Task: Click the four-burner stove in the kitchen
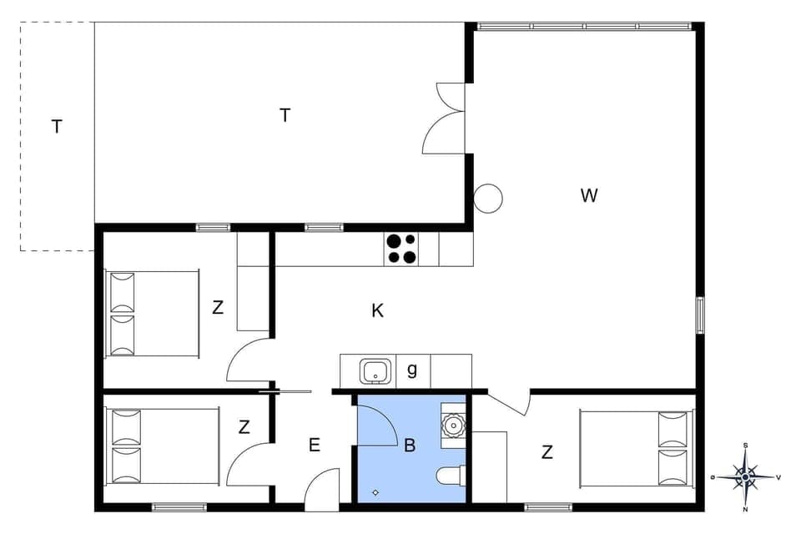[x=400, y=249]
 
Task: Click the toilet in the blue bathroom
[x=449, y=476]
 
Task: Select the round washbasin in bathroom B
[x=453, y=425]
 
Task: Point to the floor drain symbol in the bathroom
[x=375, y=492]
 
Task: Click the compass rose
[x=745, y=477]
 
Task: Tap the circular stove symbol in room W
[x=488, y=199]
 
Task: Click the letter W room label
[x=589, y=196]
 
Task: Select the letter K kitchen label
[x=377, y=311]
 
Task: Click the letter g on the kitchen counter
[x=411, y=370]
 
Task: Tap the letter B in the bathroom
[x=410, y=446]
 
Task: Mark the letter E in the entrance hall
[x=314, y=446]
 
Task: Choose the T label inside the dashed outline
[x=57, y=128]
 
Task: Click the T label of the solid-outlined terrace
[x=285, y=116]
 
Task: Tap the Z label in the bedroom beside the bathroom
[x=547, y=453]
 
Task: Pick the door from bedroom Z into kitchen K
[x=250, y=360]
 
